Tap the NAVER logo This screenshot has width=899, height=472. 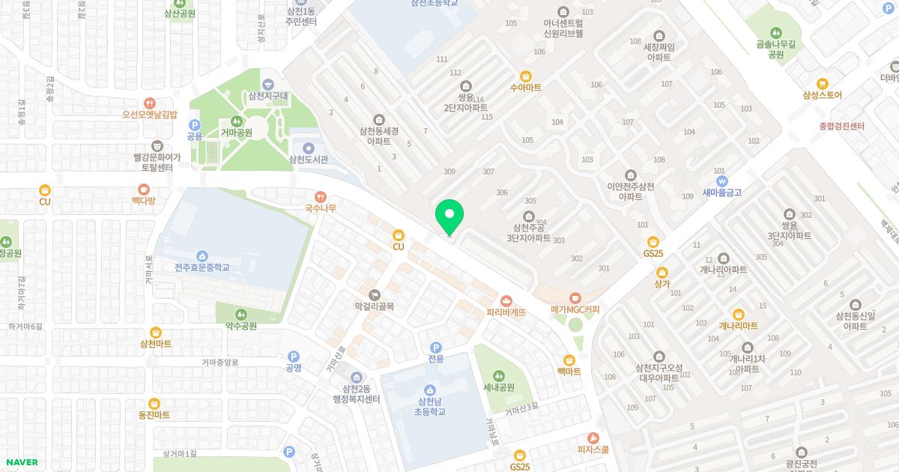click(19, 462)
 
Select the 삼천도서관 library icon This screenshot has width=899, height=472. click(309, 147)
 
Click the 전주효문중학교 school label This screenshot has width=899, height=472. click(202, 267)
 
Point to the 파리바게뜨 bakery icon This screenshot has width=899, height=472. click(506, 300)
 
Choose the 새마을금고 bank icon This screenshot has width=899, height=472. click(721, 181)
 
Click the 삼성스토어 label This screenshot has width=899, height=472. click(823, 95)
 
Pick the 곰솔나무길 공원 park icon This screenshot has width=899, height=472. click(775, 33)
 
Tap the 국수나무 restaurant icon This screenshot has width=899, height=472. click(321, 196)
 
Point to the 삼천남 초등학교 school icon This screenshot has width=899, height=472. click(430, 390)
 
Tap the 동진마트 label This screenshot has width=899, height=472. click(154, 415)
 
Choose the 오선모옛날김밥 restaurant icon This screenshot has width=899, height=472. click(149, 103)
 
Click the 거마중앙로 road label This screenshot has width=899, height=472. click(220, 363)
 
